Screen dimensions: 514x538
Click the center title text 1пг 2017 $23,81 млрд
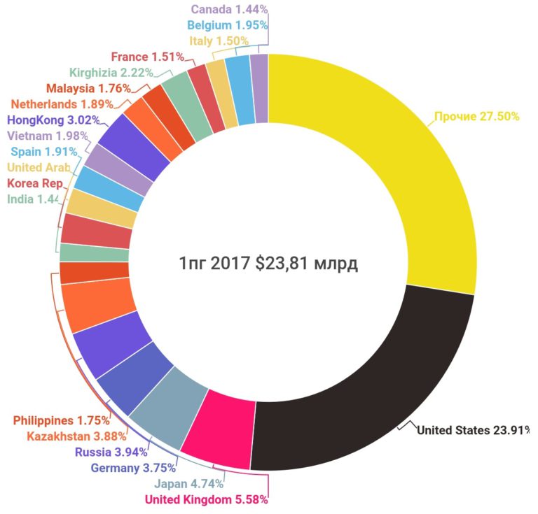(x=268, y=264)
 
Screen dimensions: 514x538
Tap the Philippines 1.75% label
(x=62, y=421)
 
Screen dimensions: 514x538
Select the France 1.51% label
(x=148, y=57)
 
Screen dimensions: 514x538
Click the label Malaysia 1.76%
(x=88, y=88)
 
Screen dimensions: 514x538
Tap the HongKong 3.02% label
(x=53, y=120)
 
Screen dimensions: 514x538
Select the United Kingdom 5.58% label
(x=206, y=499)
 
